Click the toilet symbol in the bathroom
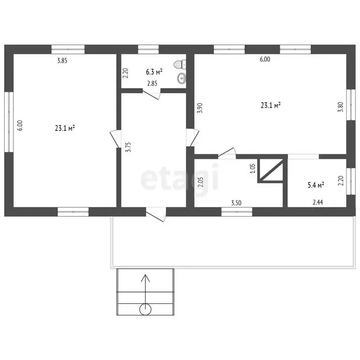pyautogui.click(x=180, y=65)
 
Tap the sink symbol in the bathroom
pyautogui.click(x=182, y=78)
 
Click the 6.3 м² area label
pyautogui.click(x=154, y=72)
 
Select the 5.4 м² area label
pyautogui.click(x=316, y=185)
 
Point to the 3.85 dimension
pyautogui.click(x=62, y=60)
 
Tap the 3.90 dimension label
pyautogui.click(x=200, y=108)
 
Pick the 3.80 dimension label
pyautogui.click(x=340, y=107)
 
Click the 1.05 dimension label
pyautogui.click(x=253, y=168)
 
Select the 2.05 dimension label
pyautogui.click(x=201, y=182)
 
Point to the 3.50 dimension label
pyautogui.click(x=236, y=202)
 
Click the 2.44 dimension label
pyautogui.click(x=318, y=202)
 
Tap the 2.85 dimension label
pyautogui.click(x=152, y=83)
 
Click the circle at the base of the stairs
pyautogui.click(x=145, y=309)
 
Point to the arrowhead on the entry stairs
pyautogui.click(x=145, y=278)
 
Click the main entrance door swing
pyautogui.click(x=156, y=215)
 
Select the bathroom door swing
pyautogui.click(x=151, y=95)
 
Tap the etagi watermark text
pyautogui.click(x=180, y=177)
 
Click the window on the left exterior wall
pyautogui.click(x=9, y=122)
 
